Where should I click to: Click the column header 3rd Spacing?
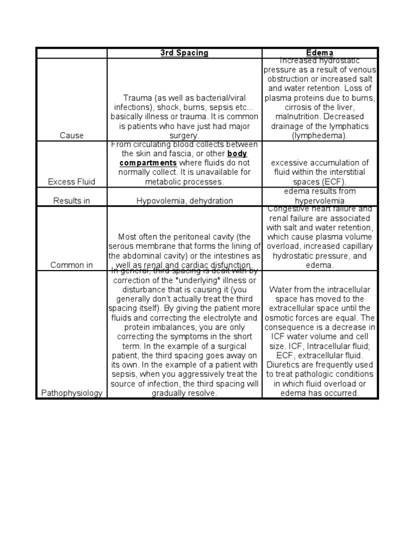184,53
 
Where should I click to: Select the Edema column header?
320,53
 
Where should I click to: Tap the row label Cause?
71,136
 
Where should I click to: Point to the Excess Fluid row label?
71,182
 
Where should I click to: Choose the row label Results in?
71,201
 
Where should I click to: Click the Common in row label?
71,265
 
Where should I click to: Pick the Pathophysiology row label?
71,393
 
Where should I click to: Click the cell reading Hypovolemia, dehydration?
184,201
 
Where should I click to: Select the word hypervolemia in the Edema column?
320,201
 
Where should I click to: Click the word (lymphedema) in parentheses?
320,136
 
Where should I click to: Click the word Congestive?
293,209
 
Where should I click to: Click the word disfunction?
231,265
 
